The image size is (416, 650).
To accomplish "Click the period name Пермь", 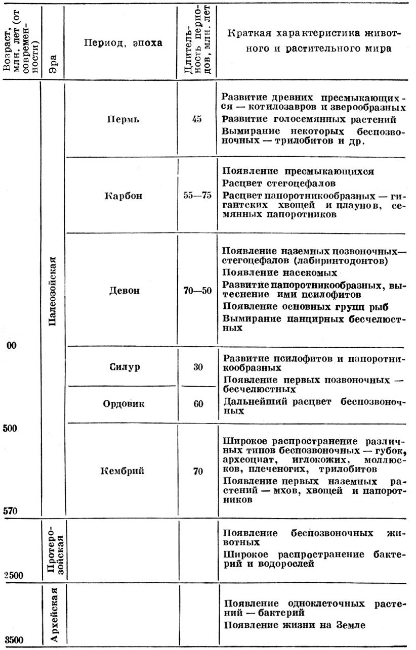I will pyautogui.click(x=122, y=120).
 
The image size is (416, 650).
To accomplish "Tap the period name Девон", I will pyautogui.click(x=123, y=291).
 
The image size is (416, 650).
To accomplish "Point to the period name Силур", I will pyautogui.click(x=124, y=366).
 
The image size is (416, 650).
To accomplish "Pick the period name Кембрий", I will pyautogui.click(x=122, y=472).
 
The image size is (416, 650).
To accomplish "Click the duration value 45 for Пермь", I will pyautogui.click(x=197, y=120).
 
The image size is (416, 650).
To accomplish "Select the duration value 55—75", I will pyautogui.click(x=197, y=196).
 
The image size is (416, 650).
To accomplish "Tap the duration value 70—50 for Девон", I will pyautogui.click(x=197, y=291).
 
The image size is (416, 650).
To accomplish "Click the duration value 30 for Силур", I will pyautogui.click(x=197, y=367).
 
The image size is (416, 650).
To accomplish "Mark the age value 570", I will pyautogui.click(x=11, y=510).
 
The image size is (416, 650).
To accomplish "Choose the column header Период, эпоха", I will pyautogui.click(x=123, y=43).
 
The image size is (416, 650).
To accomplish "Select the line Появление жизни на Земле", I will pyautogui.click(x=294, y=625).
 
